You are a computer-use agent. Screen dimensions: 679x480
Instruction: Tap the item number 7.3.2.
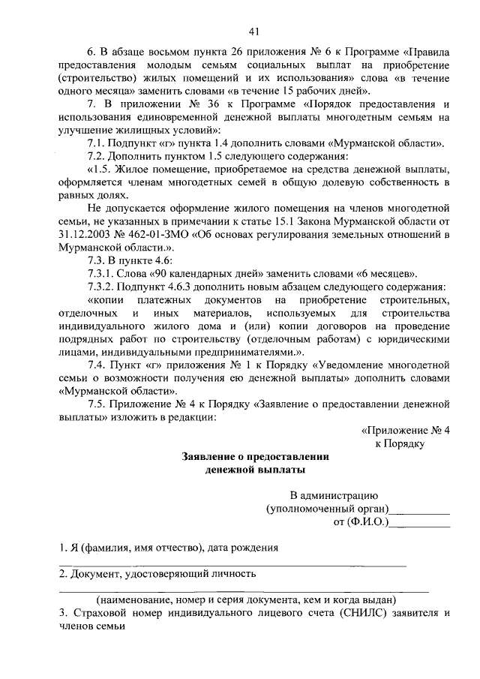[x=103, y=288]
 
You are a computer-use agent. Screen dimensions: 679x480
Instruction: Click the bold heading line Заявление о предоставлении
[x=256, y=456]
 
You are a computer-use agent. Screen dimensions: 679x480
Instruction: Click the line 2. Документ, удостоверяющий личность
[x=157, y=574]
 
